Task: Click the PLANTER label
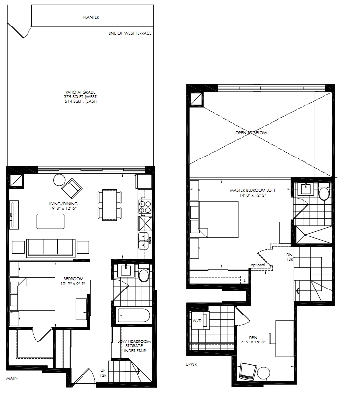(91, 17)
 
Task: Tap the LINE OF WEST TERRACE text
(130, 33)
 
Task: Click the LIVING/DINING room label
(63, 206)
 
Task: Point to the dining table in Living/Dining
(110, 205)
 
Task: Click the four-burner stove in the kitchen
(145, 207)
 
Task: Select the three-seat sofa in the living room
(51, 248)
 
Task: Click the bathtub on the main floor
(134, 315)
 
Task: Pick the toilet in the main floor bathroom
(144, 273)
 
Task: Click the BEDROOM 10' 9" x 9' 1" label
(73, 281)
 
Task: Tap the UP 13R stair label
(103, 373)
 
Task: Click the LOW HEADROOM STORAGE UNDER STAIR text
(134, 346)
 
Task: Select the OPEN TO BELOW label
(251, 132)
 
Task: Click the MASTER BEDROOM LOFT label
(252, 193)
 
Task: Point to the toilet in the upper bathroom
(324, 191)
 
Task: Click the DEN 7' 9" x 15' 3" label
(253, 340)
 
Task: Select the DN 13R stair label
(290, 257)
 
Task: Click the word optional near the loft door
(258, 265)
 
